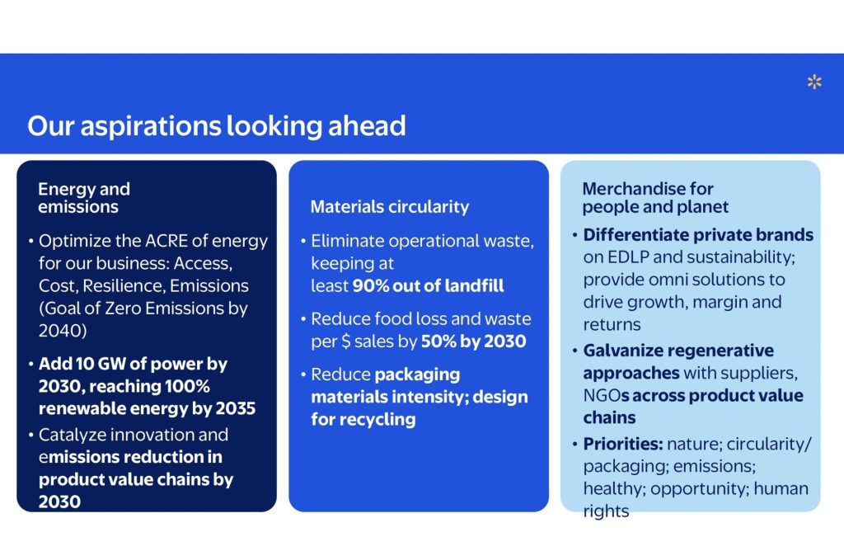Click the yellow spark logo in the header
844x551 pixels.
[x=814, y=82]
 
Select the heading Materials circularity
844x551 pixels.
[x=389, y=206]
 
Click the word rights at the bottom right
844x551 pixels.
[x=606, y=511]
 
